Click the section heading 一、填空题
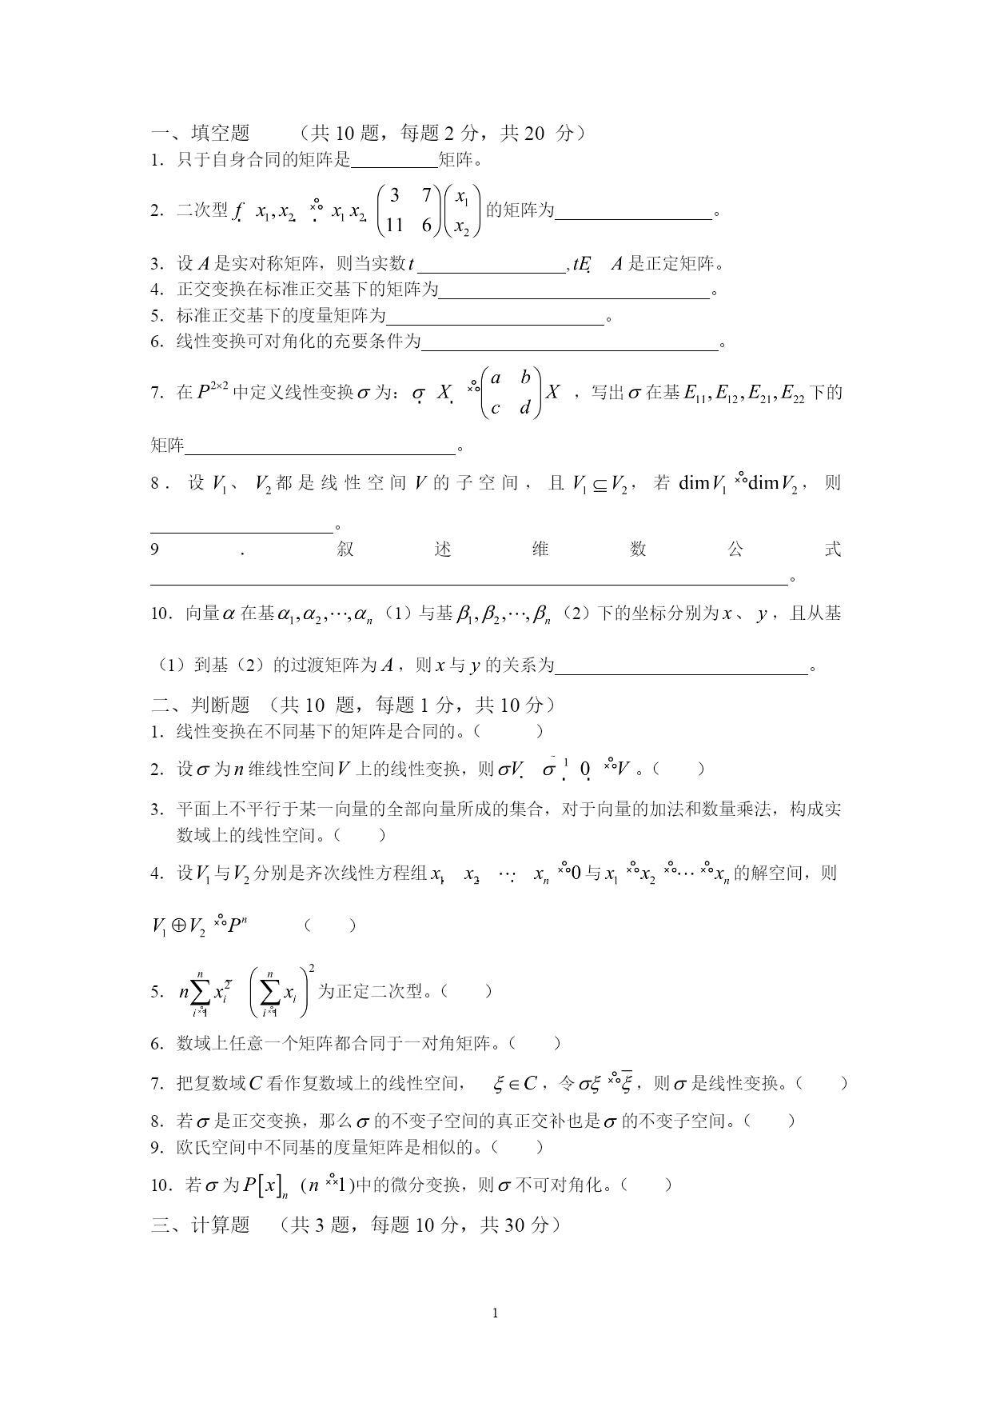tap(201, 133)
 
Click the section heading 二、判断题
tap(201, 705)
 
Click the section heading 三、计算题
tap(201, 1225)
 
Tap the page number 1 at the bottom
tap(496, 1313)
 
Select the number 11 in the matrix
tap(394, 226)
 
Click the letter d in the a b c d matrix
tap(524, 408)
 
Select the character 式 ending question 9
tap(833, 549)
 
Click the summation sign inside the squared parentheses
tap(273, 992)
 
